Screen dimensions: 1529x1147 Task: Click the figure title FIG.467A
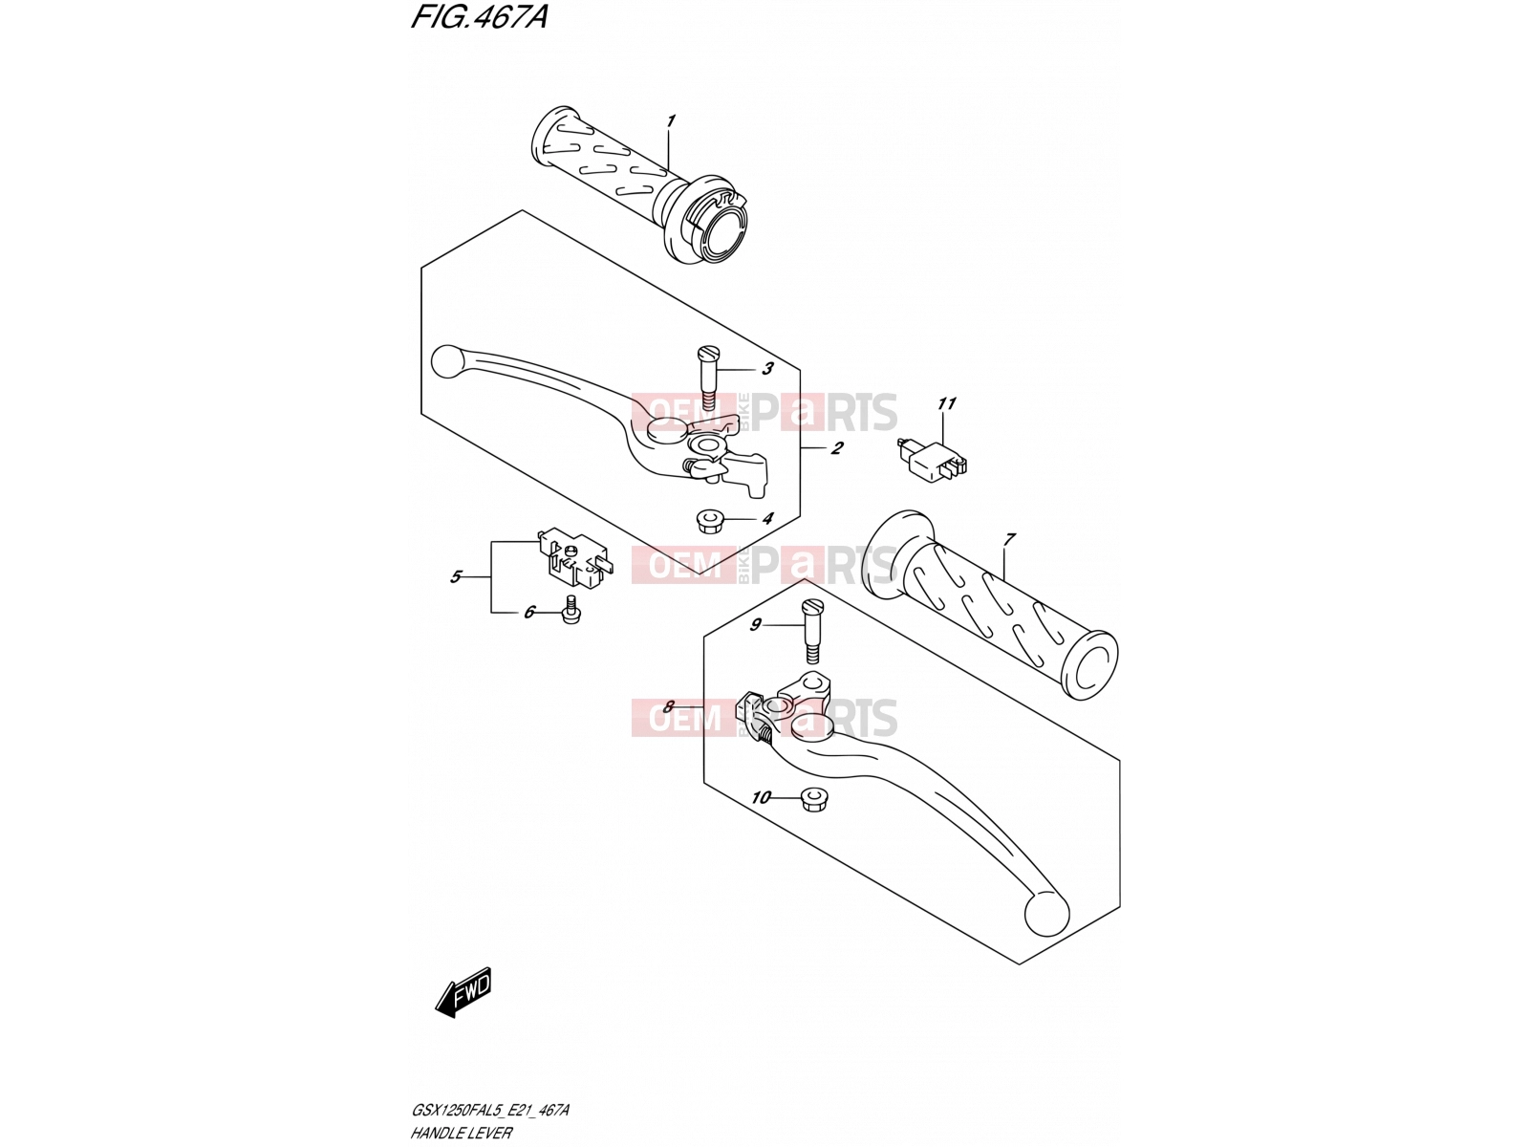pyautogui.click(x=480, y=16)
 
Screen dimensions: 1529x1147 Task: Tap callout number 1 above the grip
pyautogui.click(x=670, y=122)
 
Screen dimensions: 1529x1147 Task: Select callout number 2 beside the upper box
pyautogui.click(x=836, y=447)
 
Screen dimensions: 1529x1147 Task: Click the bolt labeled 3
pyautogui.click(x=708, y=381)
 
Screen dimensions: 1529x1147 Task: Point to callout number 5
pyautogui.click(x=456, y=576)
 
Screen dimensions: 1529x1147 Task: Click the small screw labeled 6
pyautogui.click(x=571, y=611)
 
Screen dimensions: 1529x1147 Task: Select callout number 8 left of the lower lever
pyautogui.click(x=668, y=707)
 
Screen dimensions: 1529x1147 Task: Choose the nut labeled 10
pyautogui.click(x=810, y=799)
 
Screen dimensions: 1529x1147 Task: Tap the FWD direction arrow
pyautogui.click(x=463, y=992)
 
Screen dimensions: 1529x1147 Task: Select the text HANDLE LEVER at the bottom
pyautogui.click(x=462, y=1133)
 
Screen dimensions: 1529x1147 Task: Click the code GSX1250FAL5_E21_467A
pyautogui.click(x=489, y=1110)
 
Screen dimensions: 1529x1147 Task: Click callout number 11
pyautogui.click(x=947, y=403)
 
